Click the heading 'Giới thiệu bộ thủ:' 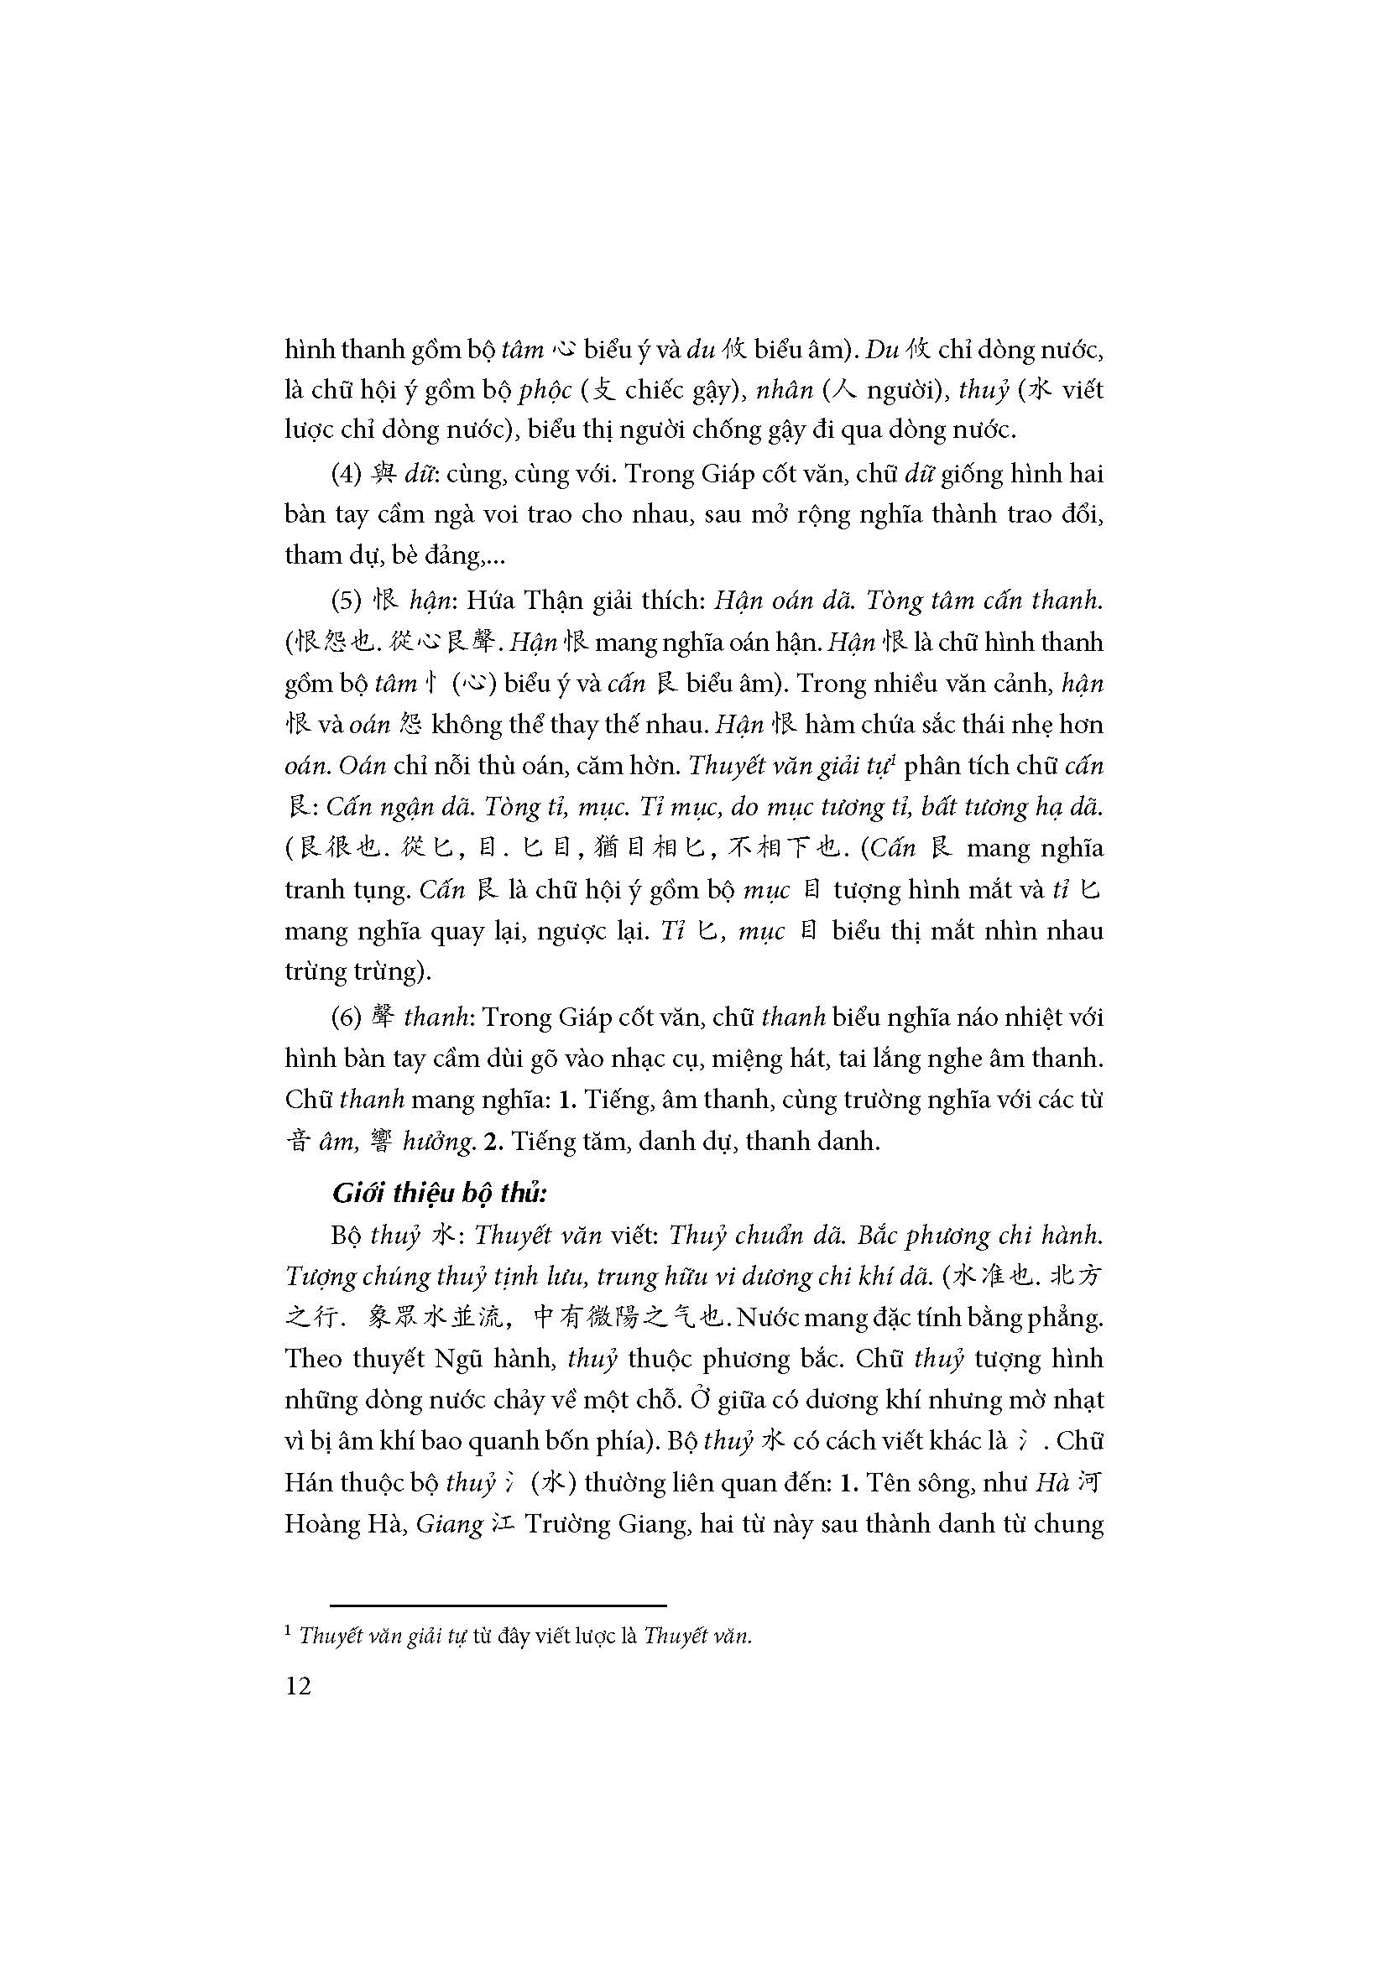click(439, 1194)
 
